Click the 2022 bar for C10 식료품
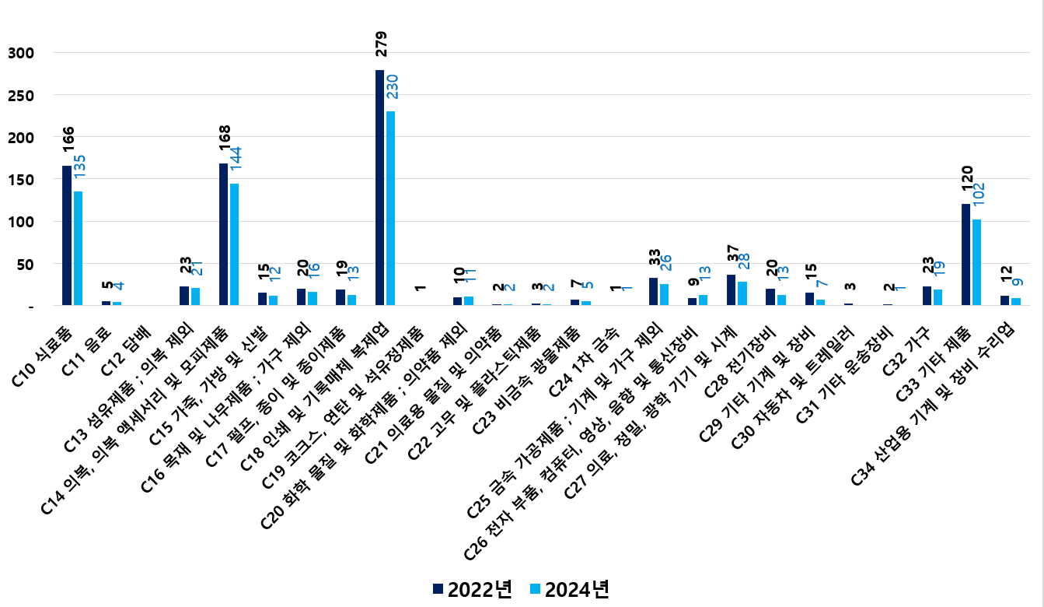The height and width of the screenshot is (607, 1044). point(67,235)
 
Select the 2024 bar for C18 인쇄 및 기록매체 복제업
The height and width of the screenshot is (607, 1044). point(390,208)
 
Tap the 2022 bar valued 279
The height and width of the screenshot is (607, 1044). point(379,188)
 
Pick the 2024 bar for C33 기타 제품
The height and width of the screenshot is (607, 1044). point(976,262)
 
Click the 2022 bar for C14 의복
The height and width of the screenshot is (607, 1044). point(223,234)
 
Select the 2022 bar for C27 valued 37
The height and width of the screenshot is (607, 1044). point(731,289)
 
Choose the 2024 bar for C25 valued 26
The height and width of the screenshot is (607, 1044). point(664,294)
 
